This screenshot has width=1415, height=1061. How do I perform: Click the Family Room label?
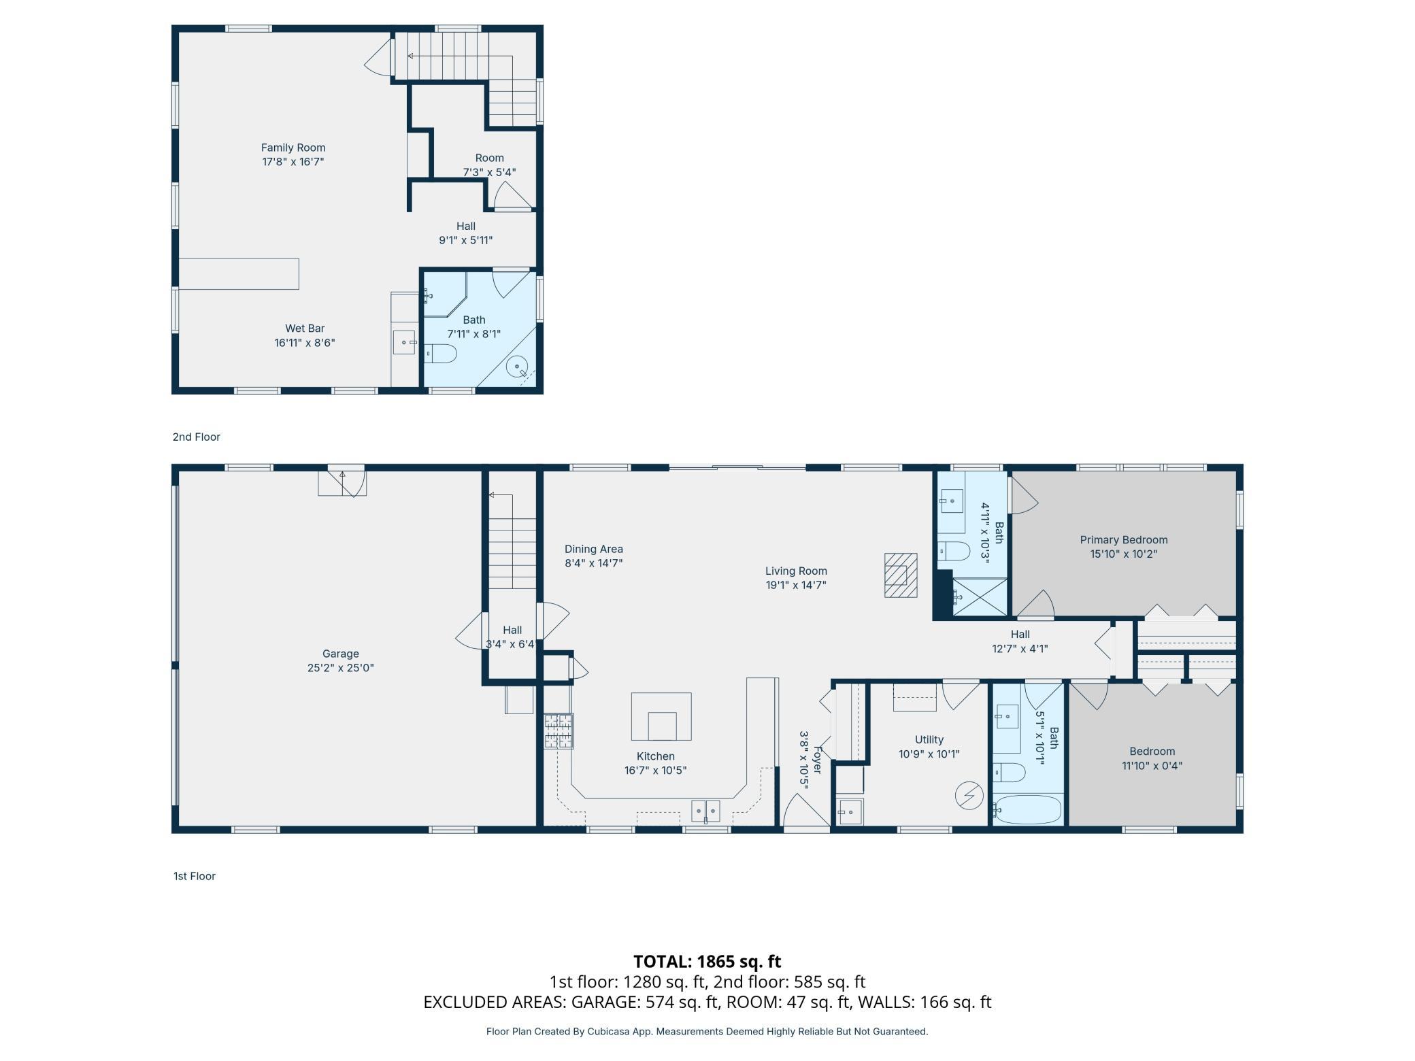pos(293,148)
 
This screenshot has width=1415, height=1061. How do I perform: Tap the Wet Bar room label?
pos(305,329)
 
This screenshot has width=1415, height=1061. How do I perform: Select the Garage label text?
pos(341,654)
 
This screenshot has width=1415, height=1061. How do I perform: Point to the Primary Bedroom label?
pos(1124,540)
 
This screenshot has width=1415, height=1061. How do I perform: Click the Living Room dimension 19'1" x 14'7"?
pos(796,585)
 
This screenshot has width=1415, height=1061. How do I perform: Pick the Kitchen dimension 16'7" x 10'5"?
pos(656,771)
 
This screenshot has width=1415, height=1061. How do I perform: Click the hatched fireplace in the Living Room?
pos(901,575)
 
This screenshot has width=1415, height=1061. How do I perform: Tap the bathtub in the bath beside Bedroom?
pos(1027,809)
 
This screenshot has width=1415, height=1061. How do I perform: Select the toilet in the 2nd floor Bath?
pos(439,354)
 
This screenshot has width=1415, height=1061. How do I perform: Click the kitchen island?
pos(661,716)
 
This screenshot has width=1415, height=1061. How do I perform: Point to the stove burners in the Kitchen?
pos(559,730)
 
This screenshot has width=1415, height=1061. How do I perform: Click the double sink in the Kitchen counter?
pos(705,811)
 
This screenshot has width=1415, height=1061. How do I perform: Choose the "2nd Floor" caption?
pos(197,437)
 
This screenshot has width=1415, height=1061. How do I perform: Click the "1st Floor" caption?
pos(195,876)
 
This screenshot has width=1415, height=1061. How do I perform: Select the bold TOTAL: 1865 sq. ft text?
pos(707,961)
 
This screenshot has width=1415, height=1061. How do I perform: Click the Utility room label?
pos(929,739)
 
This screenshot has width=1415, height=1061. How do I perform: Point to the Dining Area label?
pos(594,549)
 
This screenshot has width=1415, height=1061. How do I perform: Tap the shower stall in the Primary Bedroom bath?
pos(980,597)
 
